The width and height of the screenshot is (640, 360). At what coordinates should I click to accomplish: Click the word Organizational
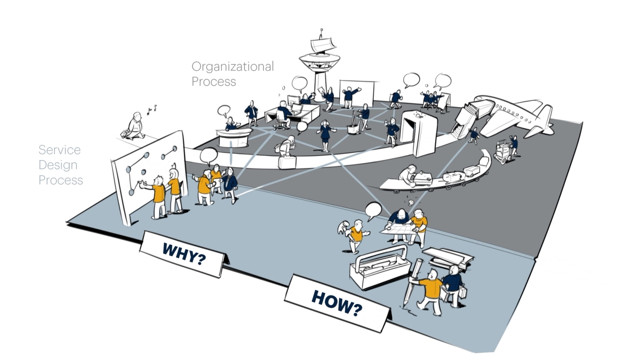(x=233, y=67)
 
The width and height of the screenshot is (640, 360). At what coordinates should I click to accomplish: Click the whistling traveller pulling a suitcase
(x=135, y=126)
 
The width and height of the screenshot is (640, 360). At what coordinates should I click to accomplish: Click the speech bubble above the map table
(x=373, y=209)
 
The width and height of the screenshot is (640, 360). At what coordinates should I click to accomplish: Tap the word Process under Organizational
(x=213, y=82)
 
